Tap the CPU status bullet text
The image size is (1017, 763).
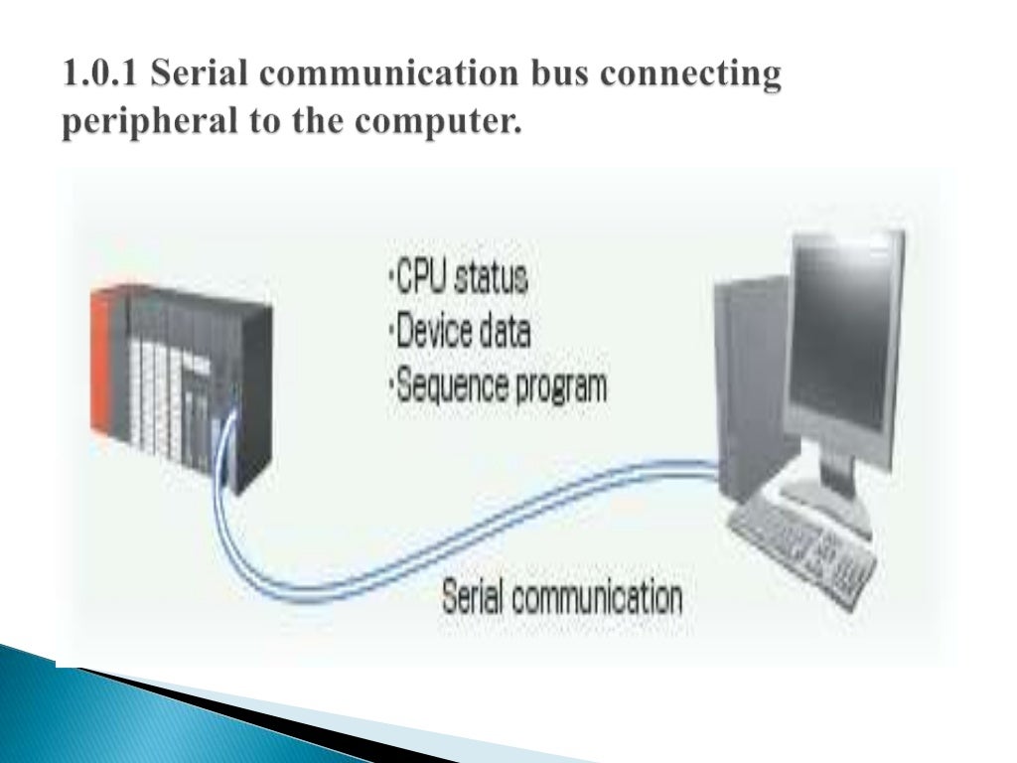tap(458, 278)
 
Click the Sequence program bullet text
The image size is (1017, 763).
tap(497, 385)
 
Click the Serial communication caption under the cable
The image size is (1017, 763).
tap(562, 598)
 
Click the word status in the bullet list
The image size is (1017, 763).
tap(490, 278)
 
